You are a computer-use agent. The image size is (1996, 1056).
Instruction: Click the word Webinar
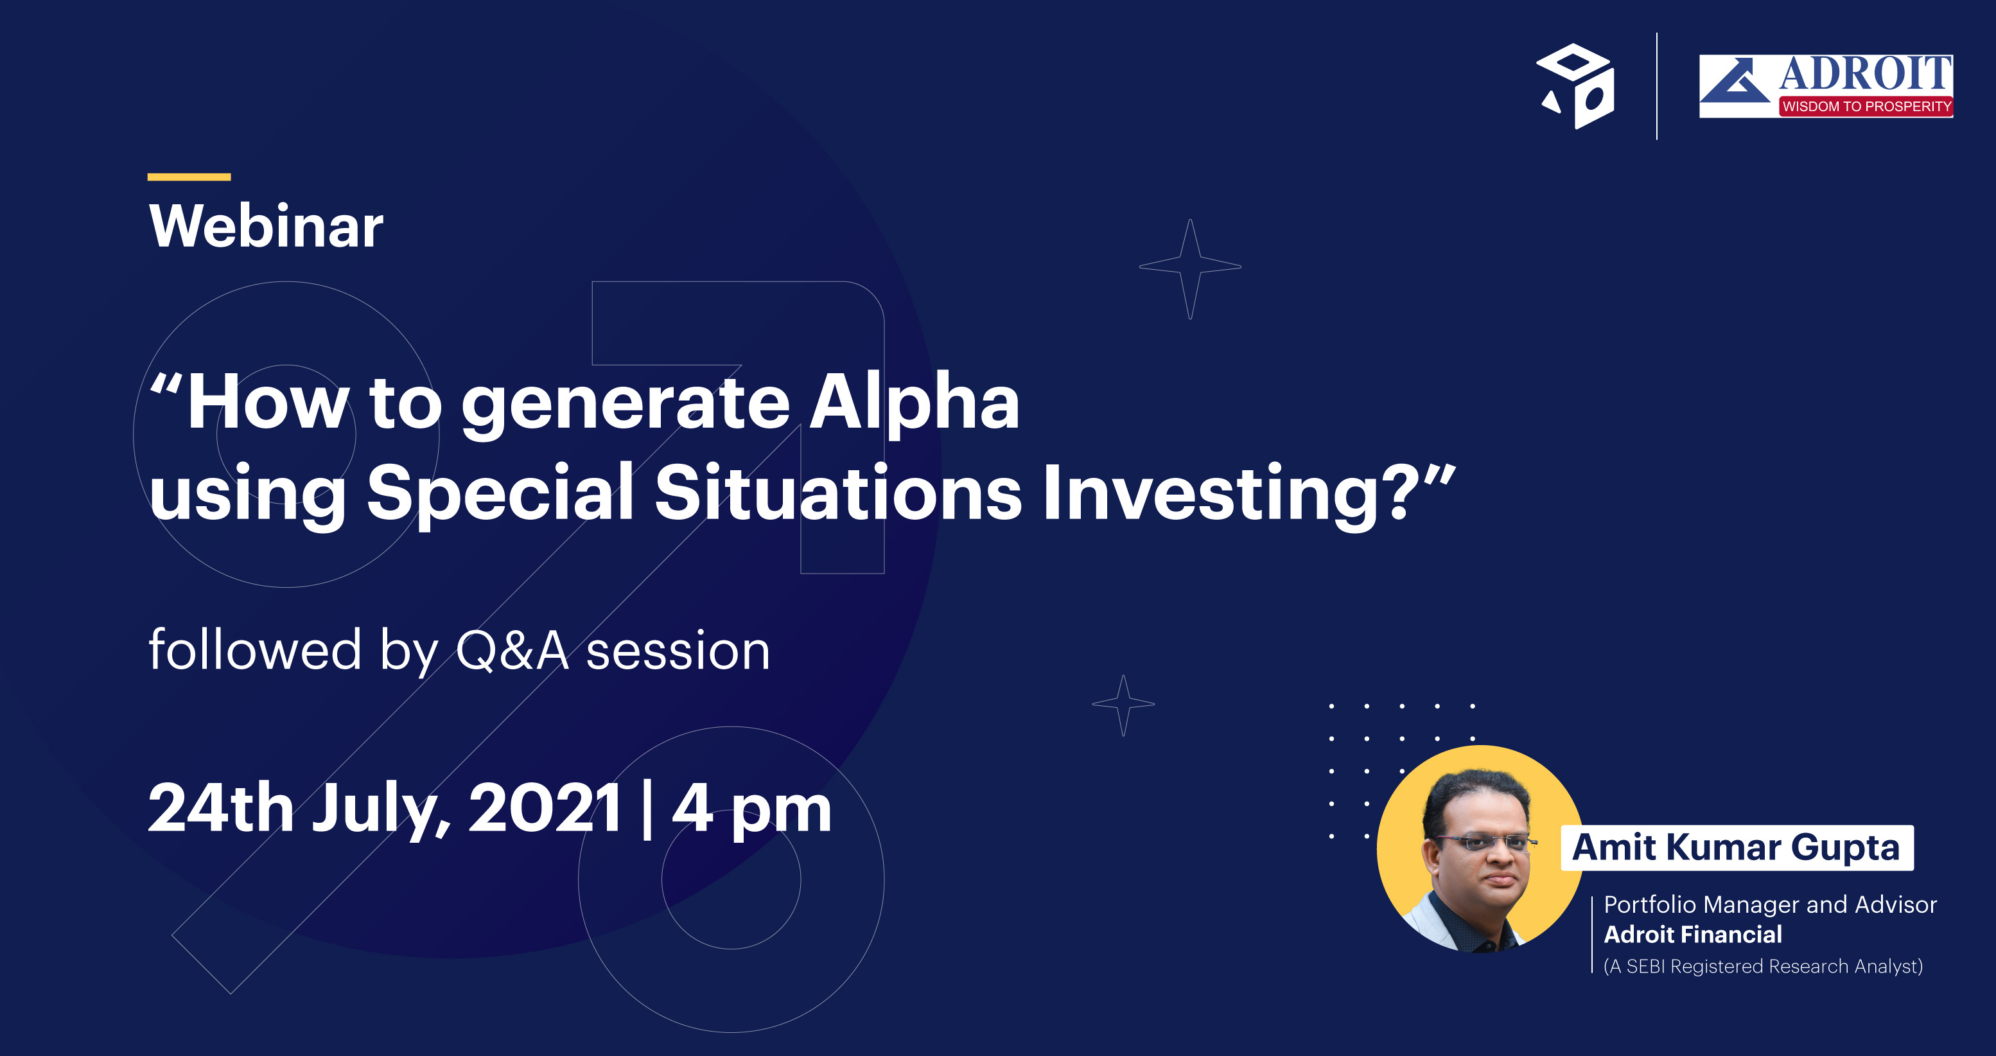pos(266,226)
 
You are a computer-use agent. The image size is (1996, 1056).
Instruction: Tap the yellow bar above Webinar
pos(189,177)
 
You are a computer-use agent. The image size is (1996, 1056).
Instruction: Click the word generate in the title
pos(626,407)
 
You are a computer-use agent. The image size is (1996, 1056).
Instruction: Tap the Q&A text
pos(513,651)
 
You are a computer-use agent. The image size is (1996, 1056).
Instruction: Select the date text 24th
pos(221,808)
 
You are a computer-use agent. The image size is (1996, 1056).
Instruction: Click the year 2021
pos(545,808)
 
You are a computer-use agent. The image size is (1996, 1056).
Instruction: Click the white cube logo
pos(1575,86)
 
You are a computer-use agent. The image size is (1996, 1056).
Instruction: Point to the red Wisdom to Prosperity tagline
pos(1866,106)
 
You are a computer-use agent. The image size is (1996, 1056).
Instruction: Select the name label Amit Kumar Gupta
pos(1737,848)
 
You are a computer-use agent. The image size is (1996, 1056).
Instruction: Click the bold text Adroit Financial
pos(1693,935)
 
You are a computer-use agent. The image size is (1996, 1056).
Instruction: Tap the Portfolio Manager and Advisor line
pos(1771,905)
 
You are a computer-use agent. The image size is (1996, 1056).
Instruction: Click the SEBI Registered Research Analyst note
pos(1764,966)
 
